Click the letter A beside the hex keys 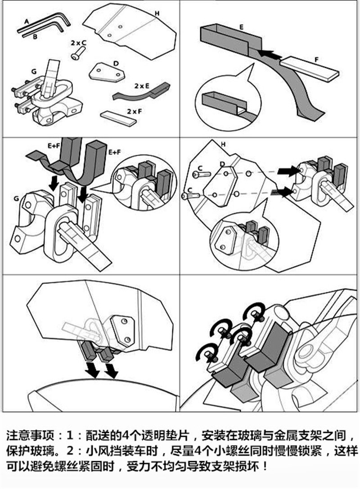click(x=27, y=21)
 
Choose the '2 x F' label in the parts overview click(x=133, y=110)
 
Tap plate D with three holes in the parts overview click(x=106, y=72)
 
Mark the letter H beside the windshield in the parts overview click(x=157, y=14)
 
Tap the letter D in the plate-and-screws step click(x=222, y=163)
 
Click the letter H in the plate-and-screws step click(x=223, y=144)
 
